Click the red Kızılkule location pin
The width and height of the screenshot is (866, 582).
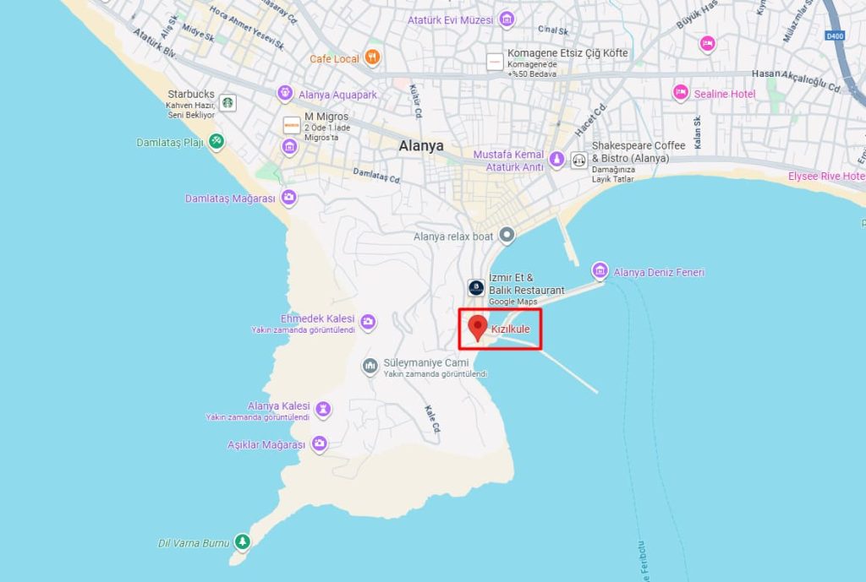point(478,328)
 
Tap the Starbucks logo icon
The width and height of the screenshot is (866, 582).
point(227,102)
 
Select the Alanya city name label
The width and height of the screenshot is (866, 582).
point(421,145)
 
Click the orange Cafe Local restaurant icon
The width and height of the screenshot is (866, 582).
point(372,58)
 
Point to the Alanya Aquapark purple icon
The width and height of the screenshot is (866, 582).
point(284,94)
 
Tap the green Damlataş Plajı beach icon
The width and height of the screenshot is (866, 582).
point(216,141)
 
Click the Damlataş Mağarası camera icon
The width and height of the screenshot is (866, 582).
point(288,198)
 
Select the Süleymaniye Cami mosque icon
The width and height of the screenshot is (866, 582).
point(370,366)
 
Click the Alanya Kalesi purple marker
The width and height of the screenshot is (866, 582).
point(322,410)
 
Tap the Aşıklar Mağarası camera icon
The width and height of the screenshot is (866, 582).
point(319,443)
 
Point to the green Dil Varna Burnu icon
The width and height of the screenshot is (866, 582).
point(242,541)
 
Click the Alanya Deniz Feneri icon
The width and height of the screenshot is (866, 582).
point(600,271)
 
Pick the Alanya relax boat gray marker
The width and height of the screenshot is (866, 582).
point(507,235)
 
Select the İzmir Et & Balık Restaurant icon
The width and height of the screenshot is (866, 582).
point(477,288)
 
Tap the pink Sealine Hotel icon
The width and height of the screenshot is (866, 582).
point(680,93)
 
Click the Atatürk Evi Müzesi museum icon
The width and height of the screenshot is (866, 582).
point(507,19)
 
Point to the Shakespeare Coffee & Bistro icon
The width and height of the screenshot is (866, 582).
point(579,159)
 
